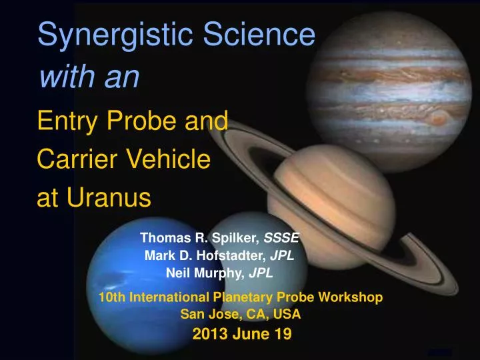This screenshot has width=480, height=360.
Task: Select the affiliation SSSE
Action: point(283,237)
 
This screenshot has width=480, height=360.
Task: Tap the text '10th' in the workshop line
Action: point(111,297)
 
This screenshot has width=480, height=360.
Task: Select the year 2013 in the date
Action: point(208,335)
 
